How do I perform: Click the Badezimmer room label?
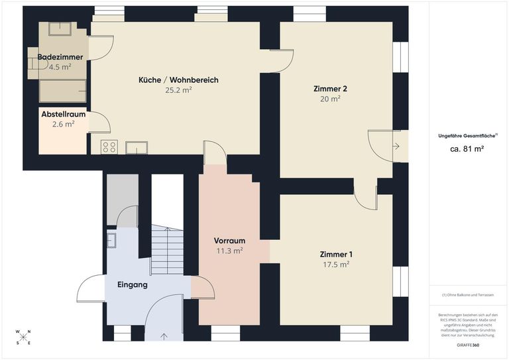(x=60, y=57)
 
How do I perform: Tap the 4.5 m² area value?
(x=60, y=66)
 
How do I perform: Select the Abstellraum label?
(x=62, y=114)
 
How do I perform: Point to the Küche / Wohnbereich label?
(x=178, y=80)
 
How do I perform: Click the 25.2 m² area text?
(x=178, y=90)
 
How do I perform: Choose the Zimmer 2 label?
(x=331, y=89)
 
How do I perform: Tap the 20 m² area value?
(x=331, y=98)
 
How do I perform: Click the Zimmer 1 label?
(x=336, y=255)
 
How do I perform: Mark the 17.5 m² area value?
(x=336, y=264)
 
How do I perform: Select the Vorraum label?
(x=230, y=241)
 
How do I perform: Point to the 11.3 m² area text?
(x=230, y=251)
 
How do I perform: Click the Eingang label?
(x=132, y=284)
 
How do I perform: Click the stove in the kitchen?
(x=109, y=147)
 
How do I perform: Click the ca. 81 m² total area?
(x=467, y=149)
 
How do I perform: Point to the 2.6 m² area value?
(x=63, y=123)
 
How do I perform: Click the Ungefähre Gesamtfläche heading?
(x=467, y=136)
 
